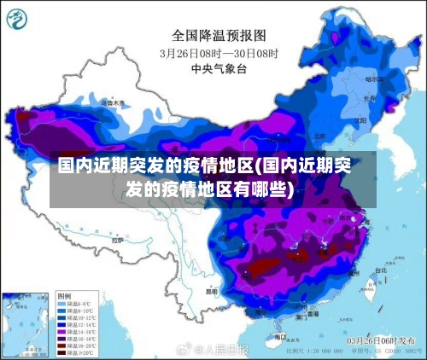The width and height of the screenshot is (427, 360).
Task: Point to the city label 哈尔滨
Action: (372, 78)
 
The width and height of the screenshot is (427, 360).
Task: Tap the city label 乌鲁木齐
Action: (112, 102)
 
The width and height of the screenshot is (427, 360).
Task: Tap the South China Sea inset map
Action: (26, 324)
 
